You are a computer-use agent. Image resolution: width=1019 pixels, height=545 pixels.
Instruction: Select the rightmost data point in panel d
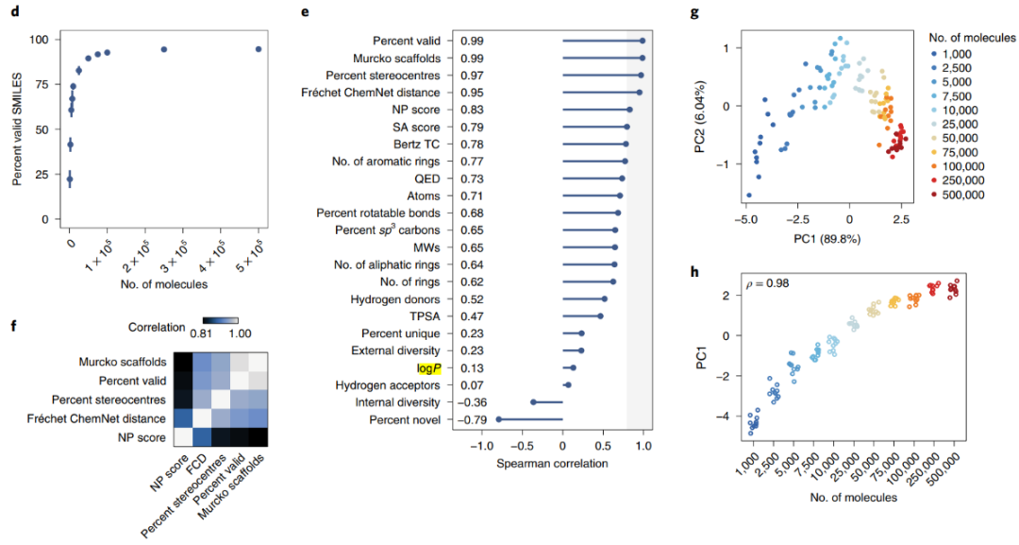click(x=259, y=49)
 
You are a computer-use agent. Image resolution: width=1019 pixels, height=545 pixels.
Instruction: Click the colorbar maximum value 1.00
click(x=226, y=332)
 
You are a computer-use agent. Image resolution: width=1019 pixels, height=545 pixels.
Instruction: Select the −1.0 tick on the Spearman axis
click(x=478, y=446)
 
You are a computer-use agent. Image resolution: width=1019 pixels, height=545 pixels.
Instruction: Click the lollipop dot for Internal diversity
click(x=533, y=401)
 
